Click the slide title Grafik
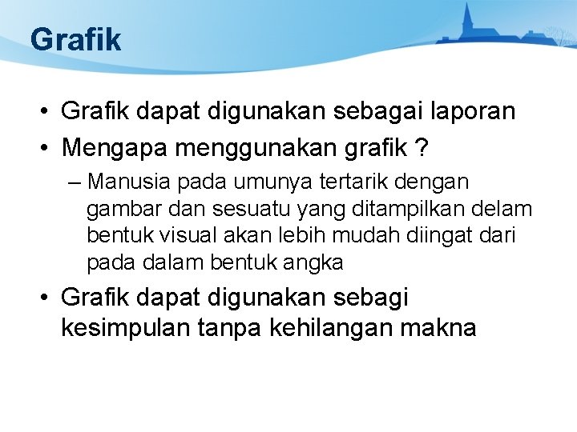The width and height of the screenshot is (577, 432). click(x=75, y=39)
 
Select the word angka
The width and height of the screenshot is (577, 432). click(x=309, y=262)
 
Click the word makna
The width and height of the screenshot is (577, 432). click(x=443, y=328)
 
